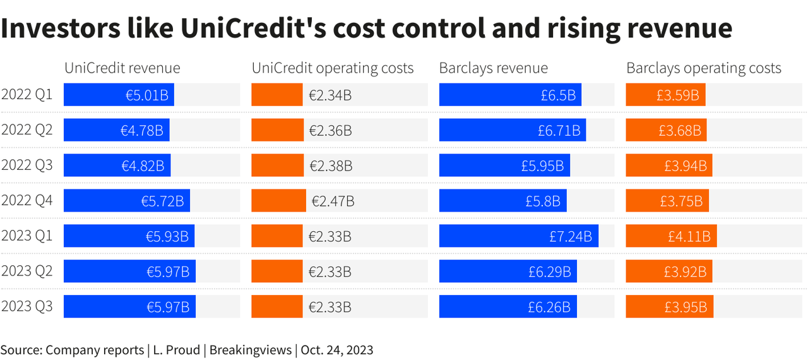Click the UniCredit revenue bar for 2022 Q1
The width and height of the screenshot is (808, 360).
pos(119,95)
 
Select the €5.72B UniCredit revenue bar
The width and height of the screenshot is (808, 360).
pos(126,201)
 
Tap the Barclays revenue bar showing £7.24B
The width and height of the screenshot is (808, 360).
pos(518,236)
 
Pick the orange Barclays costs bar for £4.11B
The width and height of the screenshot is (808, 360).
pos(671,236)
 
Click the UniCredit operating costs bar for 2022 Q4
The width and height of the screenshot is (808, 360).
pos(278,201)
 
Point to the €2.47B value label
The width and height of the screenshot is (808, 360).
pos(333,201)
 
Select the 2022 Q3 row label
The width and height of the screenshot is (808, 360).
pos(27,165)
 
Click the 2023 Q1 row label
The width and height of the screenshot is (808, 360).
pos(27,236)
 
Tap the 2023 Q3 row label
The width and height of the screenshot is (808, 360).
pos(27,307)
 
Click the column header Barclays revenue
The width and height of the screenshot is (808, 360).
pos(494,68)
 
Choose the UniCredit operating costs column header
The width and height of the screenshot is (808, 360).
pos(333,68)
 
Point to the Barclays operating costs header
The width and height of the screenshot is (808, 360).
pos(704,68)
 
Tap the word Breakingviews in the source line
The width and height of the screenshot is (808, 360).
pos(252,349)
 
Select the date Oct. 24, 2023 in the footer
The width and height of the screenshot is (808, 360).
pos(337,349)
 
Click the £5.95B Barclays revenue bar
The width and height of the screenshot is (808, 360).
pos(504,165)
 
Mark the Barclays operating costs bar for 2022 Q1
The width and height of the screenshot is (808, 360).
pos(665,95)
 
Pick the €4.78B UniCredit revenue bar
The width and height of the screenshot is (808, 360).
pos(116,130)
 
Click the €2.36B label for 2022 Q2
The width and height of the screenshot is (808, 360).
pos(330,130)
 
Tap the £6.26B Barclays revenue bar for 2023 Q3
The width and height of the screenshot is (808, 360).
pos(508,307)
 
